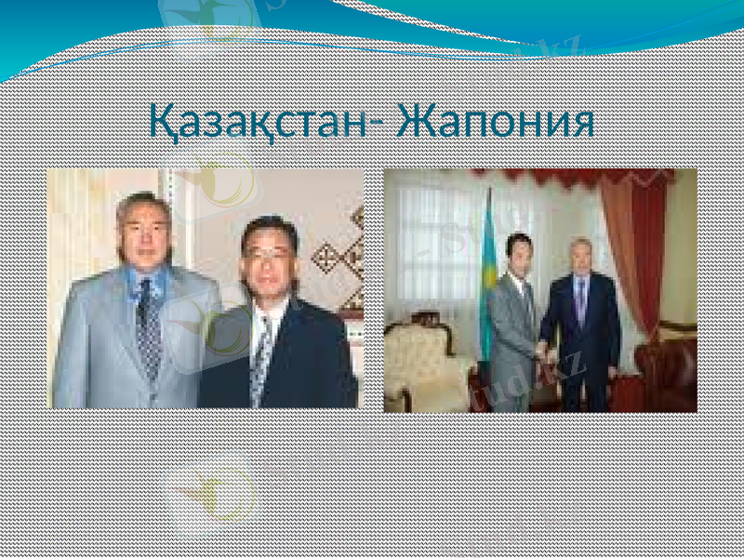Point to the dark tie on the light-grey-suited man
click(147, 325)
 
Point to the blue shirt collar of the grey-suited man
click(149, 279)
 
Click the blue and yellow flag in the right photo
click(485, 279)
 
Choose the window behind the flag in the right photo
click(437, 242)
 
